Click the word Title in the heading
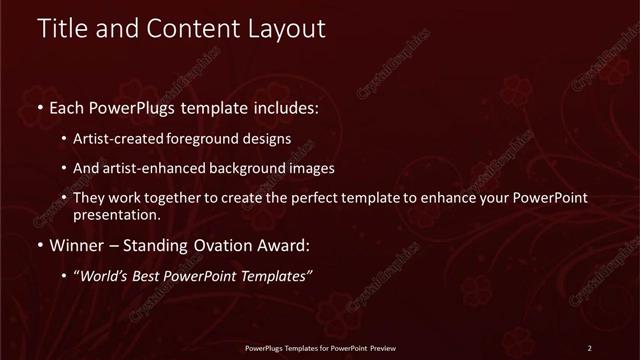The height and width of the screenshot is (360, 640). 62,29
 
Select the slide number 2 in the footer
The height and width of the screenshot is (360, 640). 590,347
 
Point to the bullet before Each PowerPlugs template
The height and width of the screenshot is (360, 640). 39,105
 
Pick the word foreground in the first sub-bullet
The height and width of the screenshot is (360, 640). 210,139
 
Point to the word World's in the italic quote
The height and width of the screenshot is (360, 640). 109,275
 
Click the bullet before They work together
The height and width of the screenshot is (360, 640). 64,198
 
